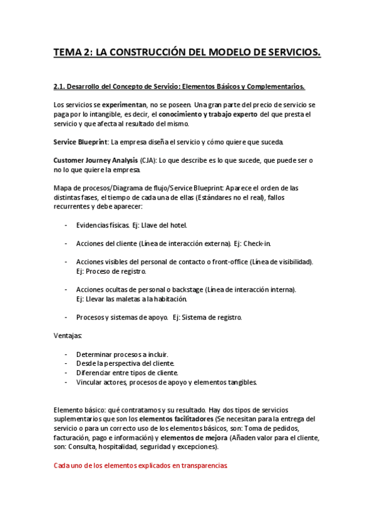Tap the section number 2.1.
point(61,86)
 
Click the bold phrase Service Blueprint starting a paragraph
point(80,142)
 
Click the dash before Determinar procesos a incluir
point(66,354)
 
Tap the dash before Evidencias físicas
point(66,225)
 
